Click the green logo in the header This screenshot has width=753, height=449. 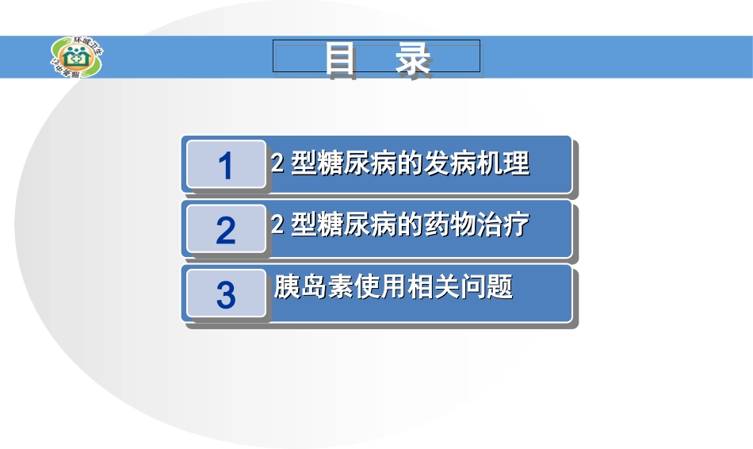77,57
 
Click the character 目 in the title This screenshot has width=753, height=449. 341,59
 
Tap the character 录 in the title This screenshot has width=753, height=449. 414,59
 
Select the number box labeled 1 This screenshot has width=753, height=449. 226,165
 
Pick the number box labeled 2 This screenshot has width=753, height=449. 226,230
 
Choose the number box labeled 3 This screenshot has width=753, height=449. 226,295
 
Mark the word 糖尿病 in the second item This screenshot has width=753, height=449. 354,225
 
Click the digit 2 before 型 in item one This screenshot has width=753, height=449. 277,164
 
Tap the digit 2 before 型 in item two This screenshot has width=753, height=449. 277,226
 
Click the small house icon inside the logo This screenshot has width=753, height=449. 78,56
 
